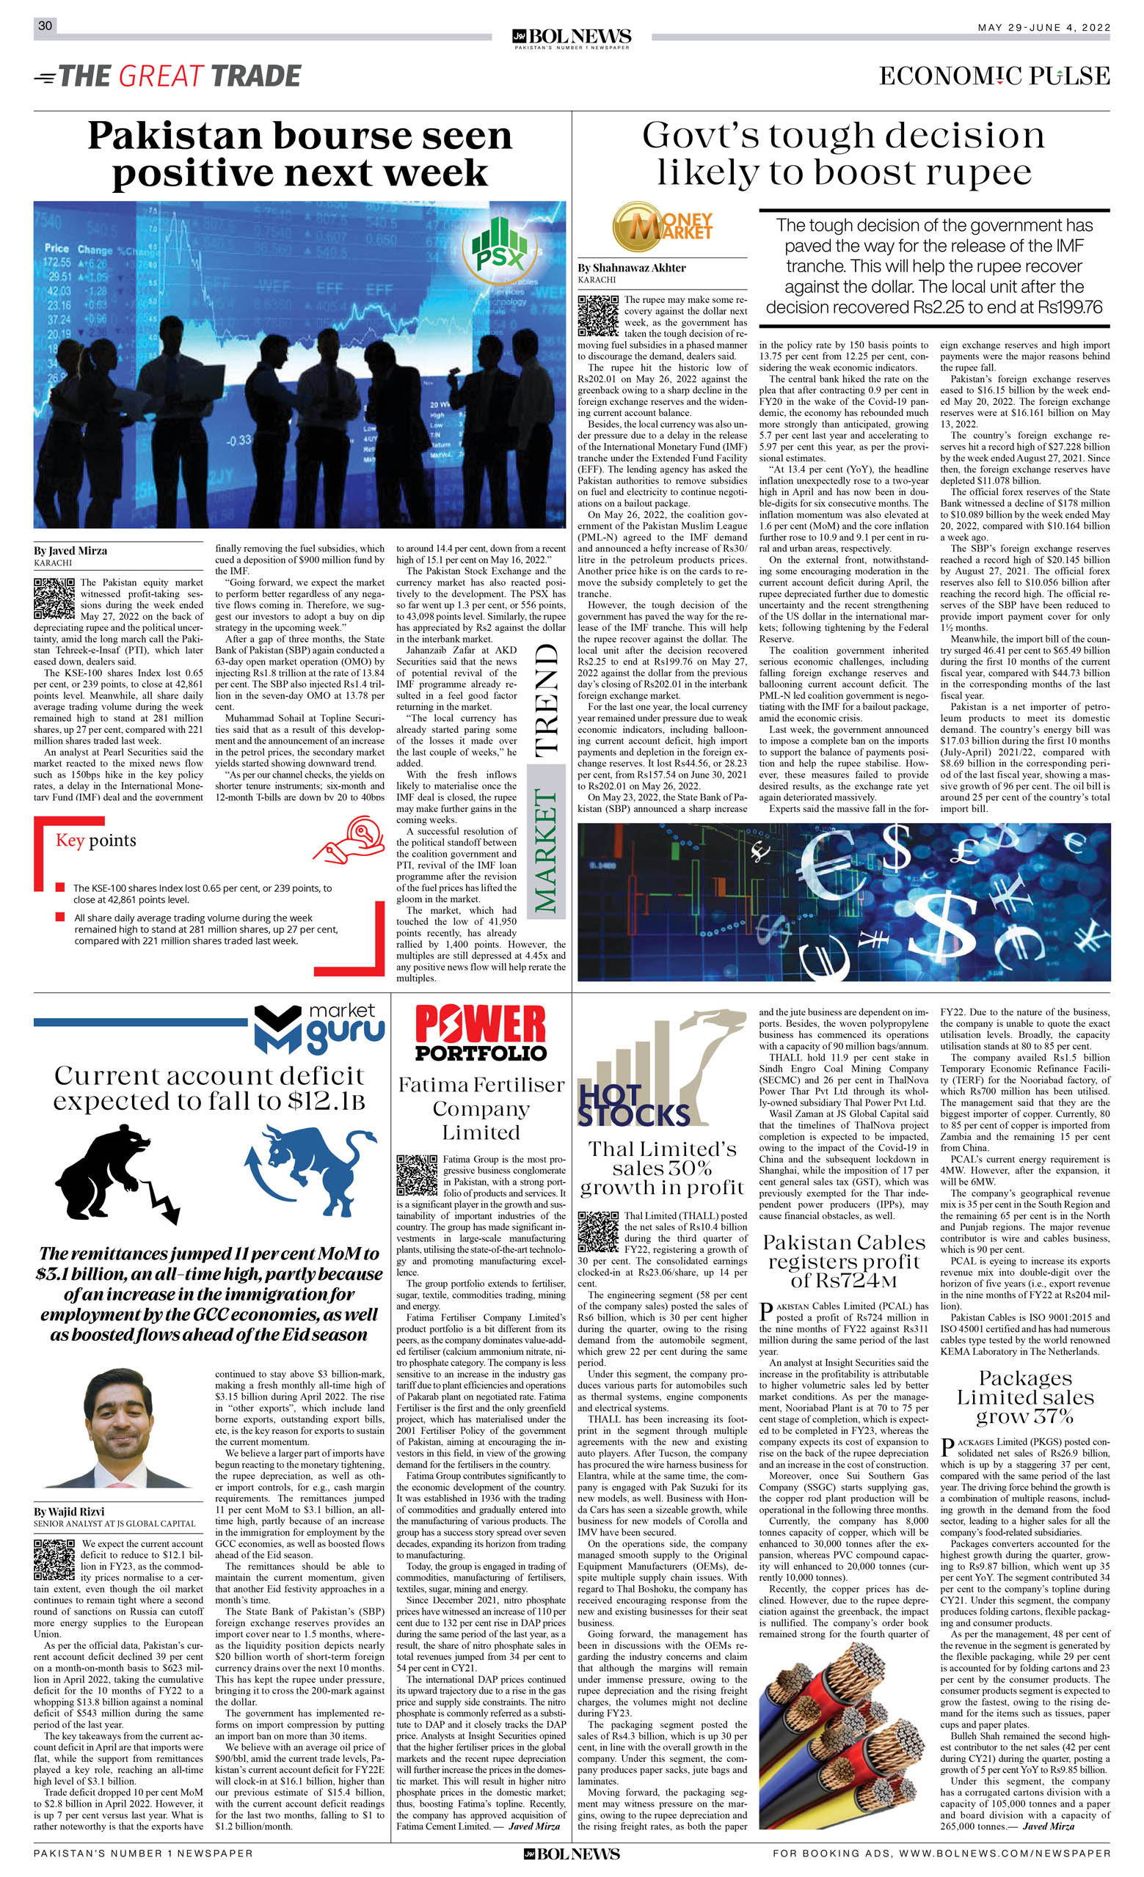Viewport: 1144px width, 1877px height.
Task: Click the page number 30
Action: [45, 25]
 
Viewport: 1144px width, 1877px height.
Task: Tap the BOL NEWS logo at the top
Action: [572, 37]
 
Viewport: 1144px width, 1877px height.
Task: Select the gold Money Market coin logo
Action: [661, 227]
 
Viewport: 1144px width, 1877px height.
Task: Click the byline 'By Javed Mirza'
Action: [70, 550]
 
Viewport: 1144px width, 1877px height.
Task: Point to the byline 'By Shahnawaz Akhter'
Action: [631, 268]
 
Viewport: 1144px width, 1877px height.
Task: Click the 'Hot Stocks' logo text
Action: [632, 1105]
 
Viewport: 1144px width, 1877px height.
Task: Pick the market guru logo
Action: [319, 1028]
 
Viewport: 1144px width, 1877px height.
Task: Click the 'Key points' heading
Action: [96, 841]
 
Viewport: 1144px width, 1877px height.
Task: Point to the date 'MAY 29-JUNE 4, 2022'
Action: [1043, 27]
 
